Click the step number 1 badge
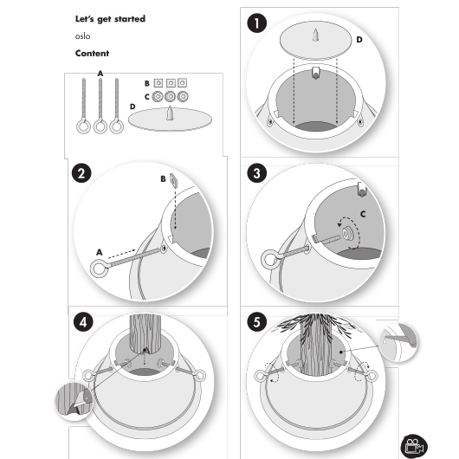(x=256, y=23)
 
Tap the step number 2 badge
(x=81, y=173)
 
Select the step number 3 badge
(x=256, y=173)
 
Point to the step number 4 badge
(x=83, y=322)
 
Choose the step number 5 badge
(x=256, y=322)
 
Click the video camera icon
(x=414, y=447)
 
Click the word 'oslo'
(x=82, y=36)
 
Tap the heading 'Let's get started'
(x=110, y=19)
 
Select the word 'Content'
(x=92, y=54)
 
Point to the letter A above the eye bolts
(x=100, y=74)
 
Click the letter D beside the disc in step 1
(x=359, y=40)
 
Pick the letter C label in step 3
(x=363, y=214)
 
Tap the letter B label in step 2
(x=163, y=179)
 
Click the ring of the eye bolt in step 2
(x=100, y=268)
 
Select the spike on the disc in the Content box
(x=170, y=113)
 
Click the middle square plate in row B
(x=171, y=83)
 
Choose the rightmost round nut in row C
(x=183, y=96)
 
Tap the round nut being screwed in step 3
(x=347, y=234)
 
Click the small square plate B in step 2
(x=173, y=181)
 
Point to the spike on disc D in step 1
(x=315, y=35)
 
